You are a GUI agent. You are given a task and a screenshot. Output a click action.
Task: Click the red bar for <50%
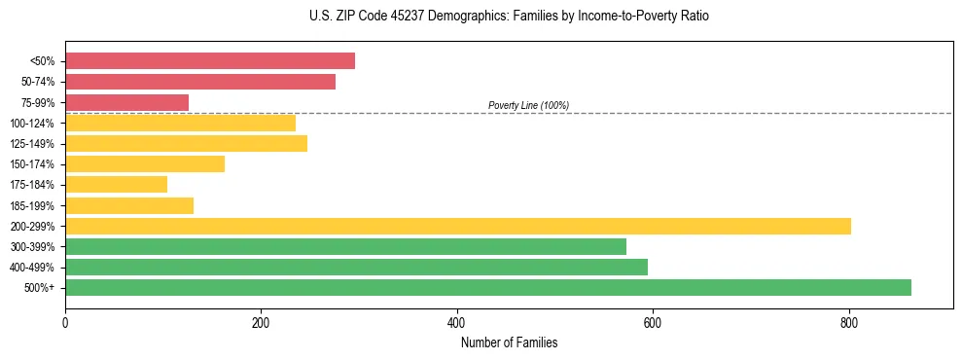210,61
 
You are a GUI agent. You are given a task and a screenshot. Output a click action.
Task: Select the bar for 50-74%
200,82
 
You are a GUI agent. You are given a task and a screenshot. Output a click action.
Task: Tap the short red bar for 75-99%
126,102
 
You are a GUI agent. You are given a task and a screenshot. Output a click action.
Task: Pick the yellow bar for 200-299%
458,226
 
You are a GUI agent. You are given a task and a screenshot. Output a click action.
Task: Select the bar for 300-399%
345,246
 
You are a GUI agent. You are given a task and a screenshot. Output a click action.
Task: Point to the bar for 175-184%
116,184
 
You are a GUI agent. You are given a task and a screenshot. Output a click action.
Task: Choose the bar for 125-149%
186,143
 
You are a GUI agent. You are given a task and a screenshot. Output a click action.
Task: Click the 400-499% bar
356,267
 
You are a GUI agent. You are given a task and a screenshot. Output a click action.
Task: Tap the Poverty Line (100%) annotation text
528,105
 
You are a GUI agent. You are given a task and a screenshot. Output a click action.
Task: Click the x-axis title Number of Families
509,342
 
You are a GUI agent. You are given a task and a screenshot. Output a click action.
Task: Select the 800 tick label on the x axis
849,323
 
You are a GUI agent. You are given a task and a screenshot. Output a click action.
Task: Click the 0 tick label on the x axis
65,323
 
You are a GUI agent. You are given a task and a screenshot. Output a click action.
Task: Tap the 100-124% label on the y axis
32,124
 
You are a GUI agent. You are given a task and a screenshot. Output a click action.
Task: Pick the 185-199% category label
32,205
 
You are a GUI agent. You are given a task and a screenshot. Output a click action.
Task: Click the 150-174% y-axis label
32,164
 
